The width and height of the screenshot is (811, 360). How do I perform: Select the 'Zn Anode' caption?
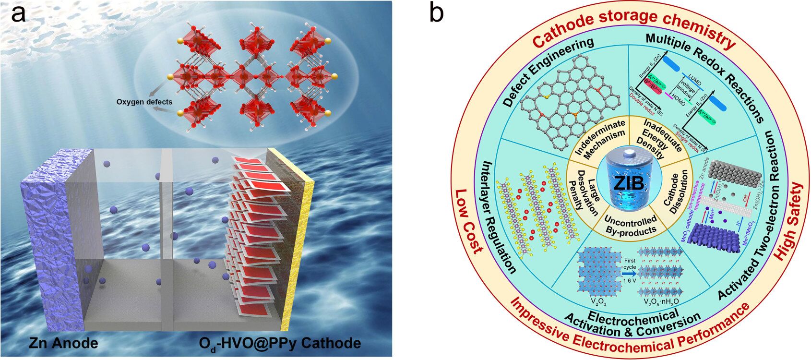point(63,343)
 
